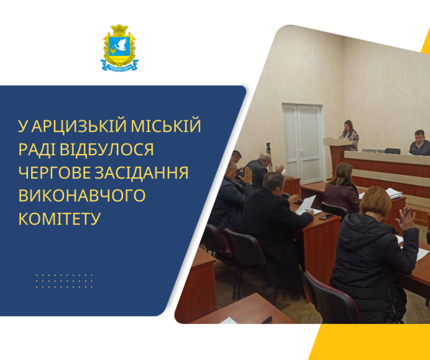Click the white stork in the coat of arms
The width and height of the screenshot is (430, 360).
120,46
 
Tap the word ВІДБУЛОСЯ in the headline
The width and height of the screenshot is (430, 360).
107,150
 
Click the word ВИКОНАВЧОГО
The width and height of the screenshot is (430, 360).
82,195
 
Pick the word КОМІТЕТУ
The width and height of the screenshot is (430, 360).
59,219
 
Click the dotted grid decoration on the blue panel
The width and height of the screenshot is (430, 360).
64,281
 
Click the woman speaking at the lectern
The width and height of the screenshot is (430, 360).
349,136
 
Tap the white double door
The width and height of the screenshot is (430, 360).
303,144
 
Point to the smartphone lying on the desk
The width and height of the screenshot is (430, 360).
326,217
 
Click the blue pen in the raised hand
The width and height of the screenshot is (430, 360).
405,216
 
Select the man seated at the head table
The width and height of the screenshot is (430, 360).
420,143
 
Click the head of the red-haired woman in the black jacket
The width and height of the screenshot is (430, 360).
375,202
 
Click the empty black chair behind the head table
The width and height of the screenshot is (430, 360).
393,151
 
